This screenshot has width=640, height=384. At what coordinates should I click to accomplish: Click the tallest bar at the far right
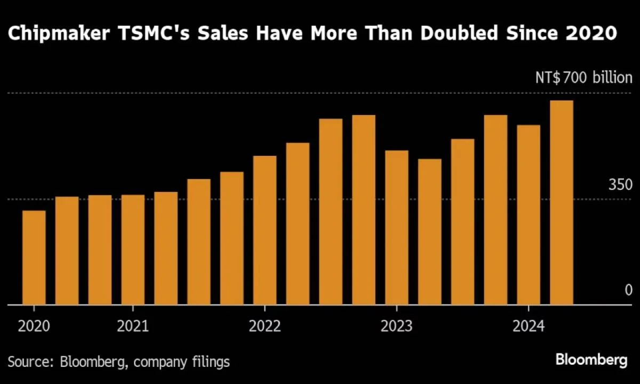coord(562,203)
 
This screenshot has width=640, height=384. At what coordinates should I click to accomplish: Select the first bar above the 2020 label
coord(34,258)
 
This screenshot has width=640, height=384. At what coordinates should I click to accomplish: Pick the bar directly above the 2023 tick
coord(397,228)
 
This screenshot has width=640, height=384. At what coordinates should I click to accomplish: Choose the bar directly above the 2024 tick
coord(529,215)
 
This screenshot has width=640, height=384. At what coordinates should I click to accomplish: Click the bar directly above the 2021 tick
coord(133,250)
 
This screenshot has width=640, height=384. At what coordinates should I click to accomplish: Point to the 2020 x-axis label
coord(34,325)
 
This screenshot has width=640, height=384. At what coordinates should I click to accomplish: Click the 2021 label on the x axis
coord(133,325)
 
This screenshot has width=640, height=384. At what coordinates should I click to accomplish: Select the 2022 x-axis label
coord(265,325)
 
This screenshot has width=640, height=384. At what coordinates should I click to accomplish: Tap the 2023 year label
coord(397,325)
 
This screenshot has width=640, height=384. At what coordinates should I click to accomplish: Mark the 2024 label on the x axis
coord(529,325)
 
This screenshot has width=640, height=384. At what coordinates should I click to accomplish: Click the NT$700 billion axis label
coord(583,78)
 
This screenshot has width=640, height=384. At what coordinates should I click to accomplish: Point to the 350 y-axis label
coord(620,185)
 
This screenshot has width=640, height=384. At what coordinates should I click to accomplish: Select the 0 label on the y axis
coord(628,290)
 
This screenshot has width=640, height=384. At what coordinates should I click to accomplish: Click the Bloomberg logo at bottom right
coord(591,361)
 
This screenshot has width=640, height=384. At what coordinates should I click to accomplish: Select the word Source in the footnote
coord(27,362)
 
